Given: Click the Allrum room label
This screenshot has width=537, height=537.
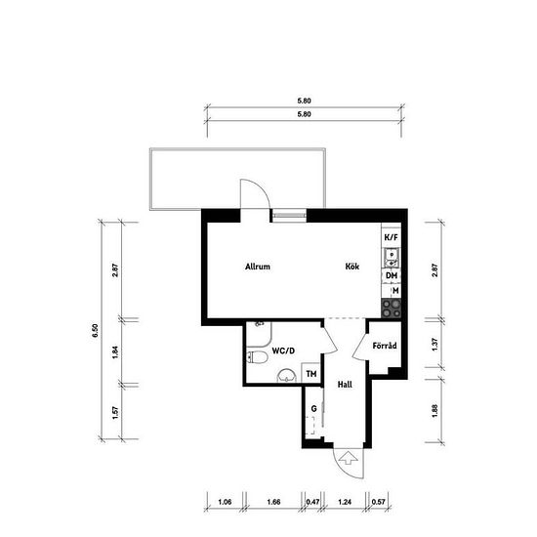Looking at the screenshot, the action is [258, 267].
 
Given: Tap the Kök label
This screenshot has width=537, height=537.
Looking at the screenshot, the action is [352, 267].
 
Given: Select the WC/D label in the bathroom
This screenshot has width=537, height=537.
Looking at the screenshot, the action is [283, 351].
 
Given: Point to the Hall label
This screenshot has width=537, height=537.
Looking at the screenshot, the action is [345, 385].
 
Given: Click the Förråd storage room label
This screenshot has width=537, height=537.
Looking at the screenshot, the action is [385, 346].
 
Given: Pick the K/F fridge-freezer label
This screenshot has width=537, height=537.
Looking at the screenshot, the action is [392, 237].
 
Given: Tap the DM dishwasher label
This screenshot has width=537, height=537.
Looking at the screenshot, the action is [392, 275].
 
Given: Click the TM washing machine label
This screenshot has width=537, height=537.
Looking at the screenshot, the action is [311, 374].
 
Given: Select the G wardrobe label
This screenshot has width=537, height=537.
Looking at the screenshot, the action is [313, 408].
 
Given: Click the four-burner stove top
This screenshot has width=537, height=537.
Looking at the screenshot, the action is [392, 309].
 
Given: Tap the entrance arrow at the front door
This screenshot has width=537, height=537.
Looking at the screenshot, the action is [349, 458].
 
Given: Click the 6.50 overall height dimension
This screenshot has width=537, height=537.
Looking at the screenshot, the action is [95, 330].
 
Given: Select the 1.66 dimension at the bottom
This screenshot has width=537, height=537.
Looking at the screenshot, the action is [273, 502].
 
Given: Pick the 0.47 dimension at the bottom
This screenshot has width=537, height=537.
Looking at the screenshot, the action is [312, 502].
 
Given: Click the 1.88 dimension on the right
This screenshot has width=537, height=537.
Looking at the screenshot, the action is [434, 411].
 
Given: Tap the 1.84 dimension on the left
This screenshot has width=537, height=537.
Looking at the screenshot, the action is [115, 352].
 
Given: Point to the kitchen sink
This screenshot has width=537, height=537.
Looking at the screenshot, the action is [392, 258].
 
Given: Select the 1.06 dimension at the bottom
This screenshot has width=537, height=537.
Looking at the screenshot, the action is [225, 502].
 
